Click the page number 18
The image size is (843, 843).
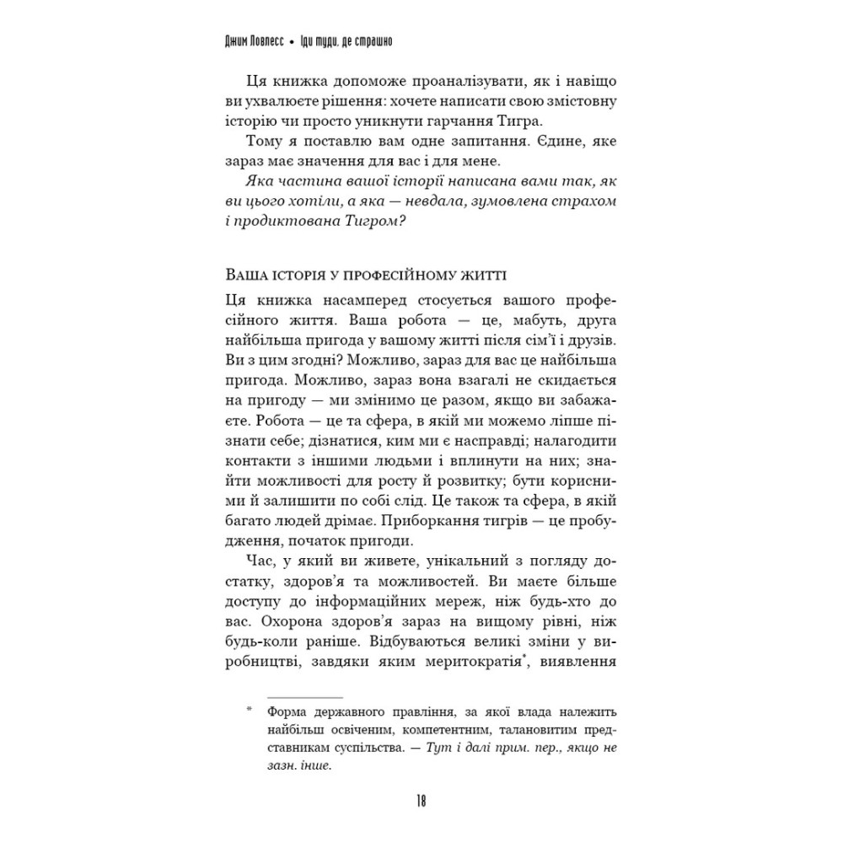421,800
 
